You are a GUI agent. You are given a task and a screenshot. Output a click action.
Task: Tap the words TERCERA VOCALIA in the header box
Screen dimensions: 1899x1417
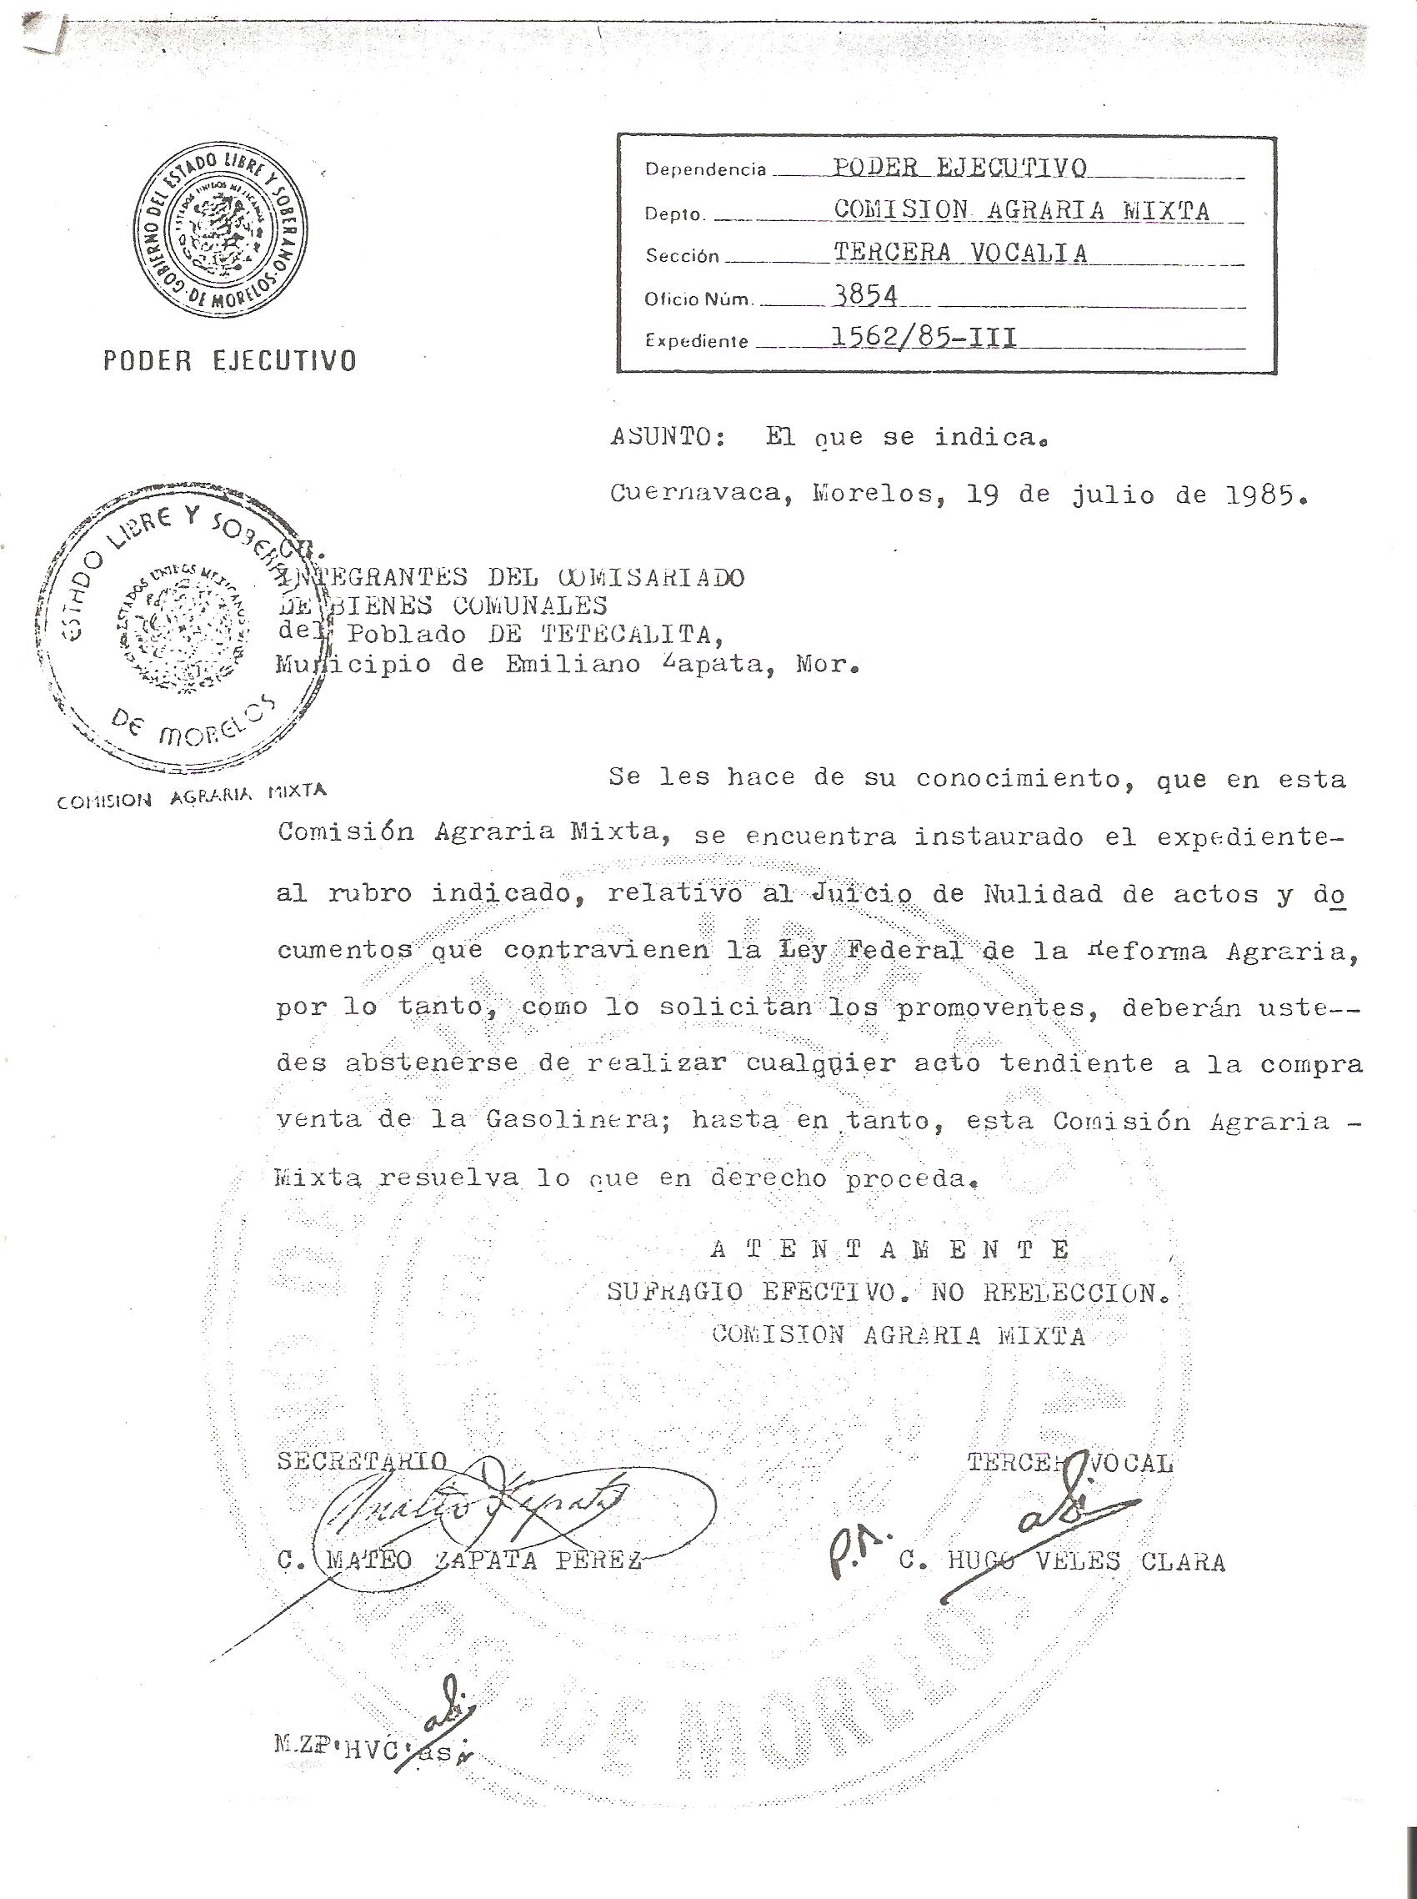click(x=960, y=253)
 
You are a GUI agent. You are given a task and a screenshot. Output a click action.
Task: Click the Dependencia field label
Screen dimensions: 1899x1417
click(x=705, y=170)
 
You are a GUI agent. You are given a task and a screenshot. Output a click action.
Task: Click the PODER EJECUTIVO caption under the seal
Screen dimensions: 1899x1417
click(x=229, y=360)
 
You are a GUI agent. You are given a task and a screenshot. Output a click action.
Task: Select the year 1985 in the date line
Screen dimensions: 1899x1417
click(x=1258, y=495)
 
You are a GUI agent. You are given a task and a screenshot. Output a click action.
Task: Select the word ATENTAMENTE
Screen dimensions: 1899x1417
click(x=890, y=1249)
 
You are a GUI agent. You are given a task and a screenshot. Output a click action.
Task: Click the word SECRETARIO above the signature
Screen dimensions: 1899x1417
click(x=362, y=1461)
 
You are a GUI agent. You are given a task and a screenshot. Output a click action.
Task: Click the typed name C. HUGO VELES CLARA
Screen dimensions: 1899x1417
click(x=1062, y=1562)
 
